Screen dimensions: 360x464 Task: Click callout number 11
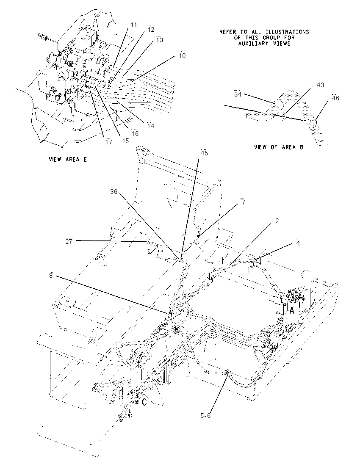(x=134, y=25)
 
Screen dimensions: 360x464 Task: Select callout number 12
(x=151, y=30)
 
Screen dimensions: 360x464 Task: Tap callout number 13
(x=160, y=40)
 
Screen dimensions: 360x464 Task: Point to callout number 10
(x=182, y=55)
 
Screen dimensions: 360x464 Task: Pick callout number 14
(x=151, y=126)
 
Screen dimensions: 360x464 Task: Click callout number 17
(x=109, y=142)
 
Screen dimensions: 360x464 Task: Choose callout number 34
(x=238, y=94)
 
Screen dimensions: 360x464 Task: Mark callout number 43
(x=320, y=85)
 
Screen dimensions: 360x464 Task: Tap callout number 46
(x=335, y=98)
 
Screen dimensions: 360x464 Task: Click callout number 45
(x=204, y=153)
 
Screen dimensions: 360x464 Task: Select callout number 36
(x=114, y=192)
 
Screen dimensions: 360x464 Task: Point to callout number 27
(x=69, y=241)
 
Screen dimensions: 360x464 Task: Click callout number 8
(x=51, y=276)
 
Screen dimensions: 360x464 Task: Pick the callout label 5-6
(x=205, y=416)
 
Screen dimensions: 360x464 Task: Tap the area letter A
(x=292, y=311)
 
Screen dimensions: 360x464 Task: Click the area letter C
(x=144, y=403)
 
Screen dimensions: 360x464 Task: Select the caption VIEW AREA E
(x=68, y=160)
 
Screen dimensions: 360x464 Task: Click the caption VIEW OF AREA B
(x=279, y=147)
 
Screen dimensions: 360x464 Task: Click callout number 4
(x=298, y=243)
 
